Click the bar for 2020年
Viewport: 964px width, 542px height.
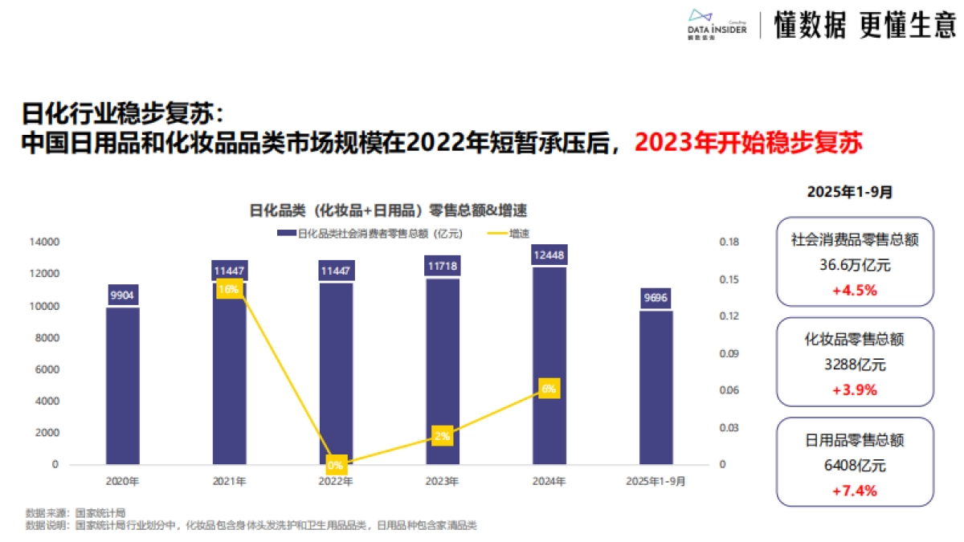(123, 385)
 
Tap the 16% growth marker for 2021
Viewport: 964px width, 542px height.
(229, 289)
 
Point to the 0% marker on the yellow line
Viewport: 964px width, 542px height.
(336, 464)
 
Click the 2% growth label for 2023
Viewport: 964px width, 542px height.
(443, 436)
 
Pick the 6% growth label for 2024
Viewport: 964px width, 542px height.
(549, 389)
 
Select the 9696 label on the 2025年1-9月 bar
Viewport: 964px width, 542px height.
(656, 299)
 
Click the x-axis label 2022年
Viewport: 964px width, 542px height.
(336, 482)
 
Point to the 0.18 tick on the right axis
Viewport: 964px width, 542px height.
(729, 242)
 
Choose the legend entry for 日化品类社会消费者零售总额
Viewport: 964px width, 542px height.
(370, 234)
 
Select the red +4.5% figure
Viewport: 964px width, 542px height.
(855, 290)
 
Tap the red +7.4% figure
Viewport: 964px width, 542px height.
(855, 490)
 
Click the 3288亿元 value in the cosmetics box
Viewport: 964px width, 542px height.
(855, 365)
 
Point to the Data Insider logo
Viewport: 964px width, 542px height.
(717, 26)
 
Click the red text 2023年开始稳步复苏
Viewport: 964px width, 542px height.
(749, 144)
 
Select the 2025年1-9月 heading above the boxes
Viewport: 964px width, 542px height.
(855, 192)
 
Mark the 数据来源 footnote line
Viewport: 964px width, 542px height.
(76, 512)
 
